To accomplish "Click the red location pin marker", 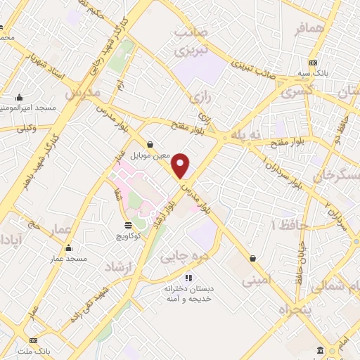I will (181, 166).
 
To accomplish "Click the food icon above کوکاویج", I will (127, 225).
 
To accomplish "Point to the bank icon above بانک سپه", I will (313, 62).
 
